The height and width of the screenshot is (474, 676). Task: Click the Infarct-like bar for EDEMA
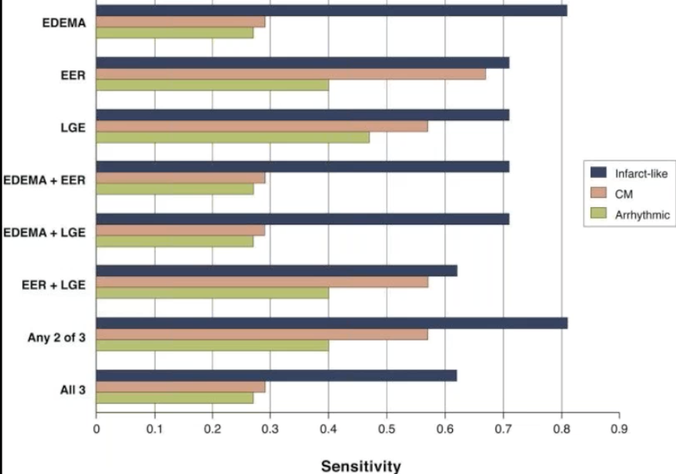[331, 10]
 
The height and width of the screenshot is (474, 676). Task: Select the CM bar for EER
[291, 74]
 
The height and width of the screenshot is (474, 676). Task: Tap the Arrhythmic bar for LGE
[232, 137]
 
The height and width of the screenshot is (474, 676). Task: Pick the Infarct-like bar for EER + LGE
[276, 271]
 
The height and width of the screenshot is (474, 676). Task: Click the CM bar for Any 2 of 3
[261, 334]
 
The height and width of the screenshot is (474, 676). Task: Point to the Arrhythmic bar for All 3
[175, 398]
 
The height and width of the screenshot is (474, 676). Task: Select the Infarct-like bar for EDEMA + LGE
[303, 219]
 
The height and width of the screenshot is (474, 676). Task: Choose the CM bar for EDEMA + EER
[180, 178]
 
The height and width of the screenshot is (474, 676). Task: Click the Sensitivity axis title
[361, 466]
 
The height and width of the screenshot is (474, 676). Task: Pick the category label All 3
[72, 389]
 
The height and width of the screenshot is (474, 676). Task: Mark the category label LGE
[73, 128]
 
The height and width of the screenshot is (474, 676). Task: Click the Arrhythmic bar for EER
[212, 85]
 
